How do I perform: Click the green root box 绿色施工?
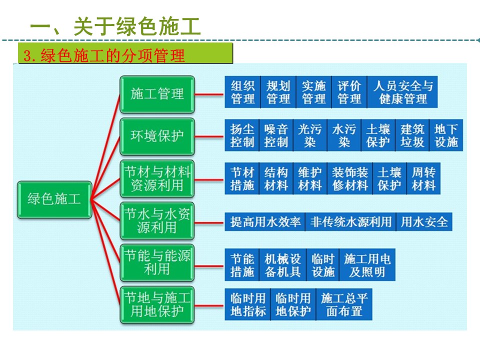[x=54, y=200]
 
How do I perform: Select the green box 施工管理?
[x=157, y=94]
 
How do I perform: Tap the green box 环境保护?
[x=157, y=136]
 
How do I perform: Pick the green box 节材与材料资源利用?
[x=157, y=179]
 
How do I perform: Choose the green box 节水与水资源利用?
[x=157, y=221]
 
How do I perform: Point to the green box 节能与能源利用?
[x=157, y=263]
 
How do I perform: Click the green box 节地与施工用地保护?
[x=157, y=305]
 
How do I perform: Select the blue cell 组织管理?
[x=242, y=92]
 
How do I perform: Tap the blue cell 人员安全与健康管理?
[x=402, y=92]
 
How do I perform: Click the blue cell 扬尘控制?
[x=242, y=135]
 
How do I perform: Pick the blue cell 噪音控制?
[x=276, y=135]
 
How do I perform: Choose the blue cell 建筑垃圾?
[x=412, y=135]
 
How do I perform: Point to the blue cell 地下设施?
[x=446, y=135]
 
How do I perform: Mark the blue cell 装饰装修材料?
[x=350, y=179]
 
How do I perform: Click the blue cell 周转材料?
[x=423, y=179]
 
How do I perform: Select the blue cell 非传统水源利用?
[x=350, y=221]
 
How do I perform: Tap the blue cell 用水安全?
[x=424, y=221]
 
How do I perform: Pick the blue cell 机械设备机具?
[x=282, y=265]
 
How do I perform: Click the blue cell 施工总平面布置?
[x=344, y=305]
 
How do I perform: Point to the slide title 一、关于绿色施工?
[x=115, y=26]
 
